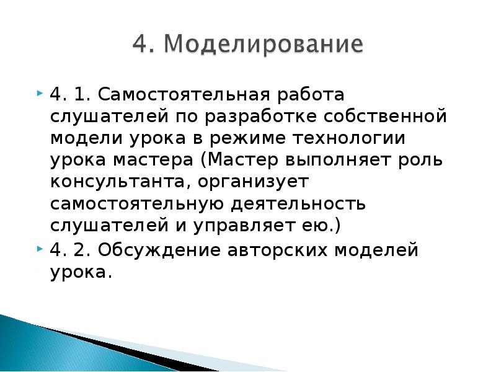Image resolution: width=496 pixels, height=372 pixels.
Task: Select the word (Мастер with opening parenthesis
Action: coord(239,160)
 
